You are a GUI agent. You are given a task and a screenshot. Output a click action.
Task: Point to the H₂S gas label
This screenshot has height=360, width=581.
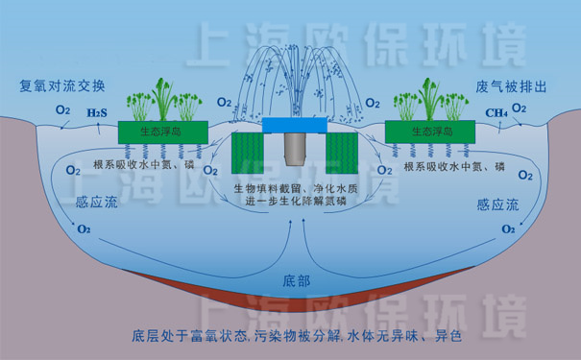(96, 112)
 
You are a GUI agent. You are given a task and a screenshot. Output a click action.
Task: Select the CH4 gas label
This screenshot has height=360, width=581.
(496, 112)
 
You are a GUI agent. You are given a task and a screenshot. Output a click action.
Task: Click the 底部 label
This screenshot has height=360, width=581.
(298, 280)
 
